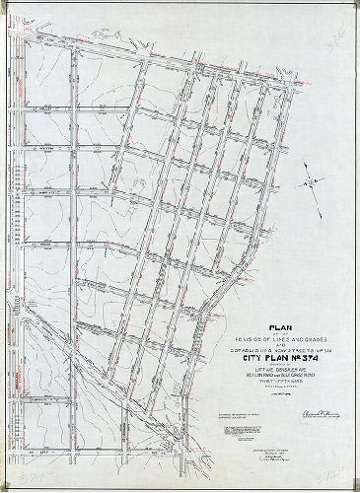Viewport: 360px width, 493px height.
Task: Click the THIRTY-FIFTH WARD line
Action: [279, 379]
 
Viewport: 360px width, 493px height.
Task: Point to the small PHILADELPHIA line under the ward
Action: [279, 386]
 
